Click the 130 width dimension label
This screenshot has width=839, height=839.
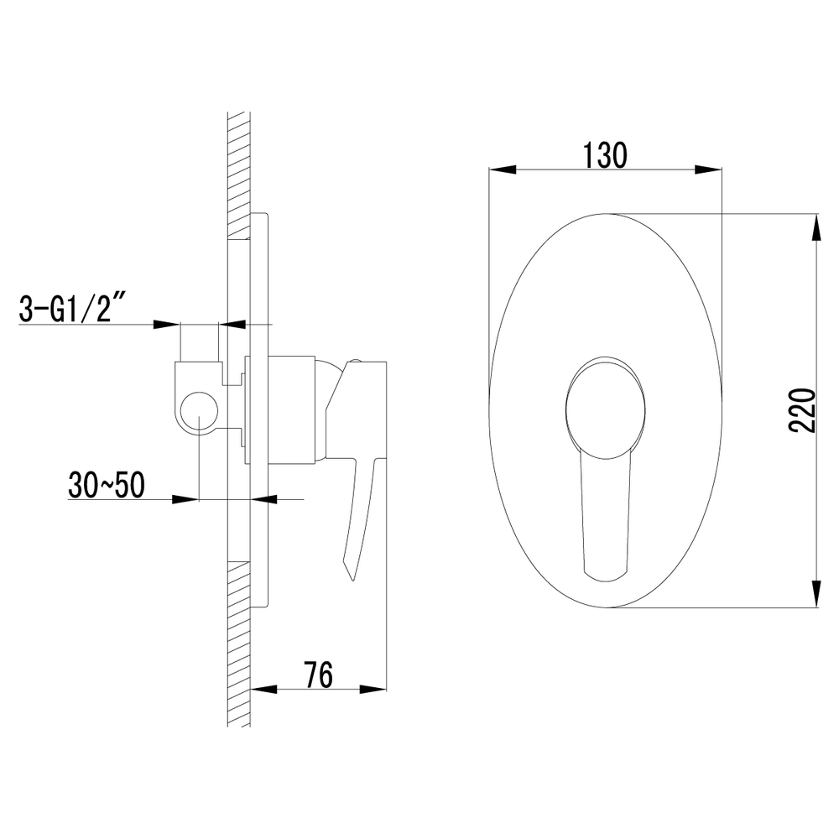click(x=604, y=155)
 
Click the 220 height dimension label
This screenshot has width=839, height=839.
click(x=802, y=411)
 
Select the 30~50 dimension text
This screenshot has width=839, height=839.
click(x=107, y=485)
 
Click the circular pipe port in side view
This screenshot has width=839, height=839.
click(x=199, y=410)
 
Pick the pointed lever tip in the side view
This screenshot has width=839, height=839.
click(x=352, y=579)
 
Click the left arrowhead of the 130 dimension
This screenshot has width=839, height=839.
click(x=502, y=169)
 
